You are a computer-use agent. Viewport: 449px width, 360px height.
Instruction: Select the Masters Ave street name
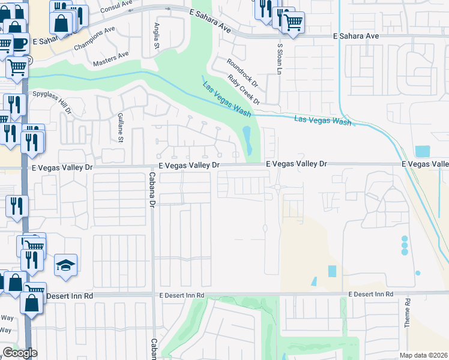[110, 59]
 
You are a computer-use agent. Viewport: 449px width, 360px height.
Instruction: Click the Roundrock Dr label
[241, 71]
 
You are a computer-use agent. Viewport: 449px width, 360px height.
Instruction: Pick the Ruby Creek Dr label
[243, 89]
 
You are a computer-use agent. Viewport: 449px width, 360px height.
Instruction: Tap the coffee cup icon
[19, 44]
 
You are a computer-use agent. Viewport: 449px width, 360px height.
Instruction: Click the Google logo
[19, 353]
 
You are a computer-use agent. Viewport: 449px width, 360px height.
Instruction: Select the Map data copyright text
[424, 355]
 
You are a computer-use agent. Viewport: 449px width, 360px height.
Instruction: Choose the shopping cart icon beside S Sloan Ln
[292, 23]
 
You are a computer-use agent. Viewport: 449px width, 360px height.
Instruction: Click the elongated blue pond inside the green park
[247, 140]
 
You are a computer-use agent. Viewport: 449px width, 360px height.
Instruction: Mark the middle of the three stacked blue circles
[405, 245]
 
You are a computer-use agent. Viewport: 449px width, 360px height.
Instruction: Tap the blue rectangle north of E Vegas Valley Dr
[423, 152]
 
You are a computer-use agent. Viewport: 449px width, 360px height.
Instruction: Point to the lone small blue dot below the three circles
[418, 273]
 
